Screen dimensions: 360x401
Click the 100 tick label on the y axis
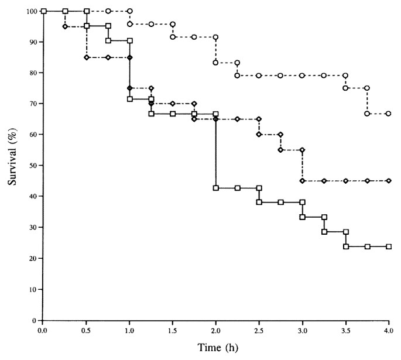coord(30,11)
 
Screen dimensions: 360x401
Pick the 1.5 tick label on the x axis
coord(173,331)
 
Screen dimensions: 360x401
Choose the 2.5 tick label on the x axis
coord(259,331)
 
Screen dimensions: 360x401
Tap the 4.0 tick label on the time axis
coord(389,331)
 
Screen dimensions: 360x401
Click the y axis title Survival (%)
coord(12,166)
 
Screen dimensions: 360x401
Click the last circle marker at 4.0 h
coord(389,114)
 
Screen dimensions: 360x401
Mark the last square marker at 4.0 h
coord(389,246)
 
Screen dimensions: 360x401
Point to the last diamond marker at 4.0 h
coord(389,181)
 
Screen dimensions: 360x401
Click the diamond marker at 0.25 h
coord(65,26)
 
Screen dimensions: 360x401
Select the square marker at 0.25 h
coord(65,11)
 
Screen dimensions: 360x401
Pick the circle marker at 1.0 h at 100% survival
coord(129,11)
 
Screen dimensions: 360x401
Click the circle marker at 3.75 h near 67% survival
coord(367,114)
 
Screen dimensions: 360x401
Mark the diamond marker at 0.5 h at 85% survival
coord(87,57)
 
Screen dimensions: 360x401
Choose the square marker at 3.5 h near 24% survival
coord(346,246)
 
